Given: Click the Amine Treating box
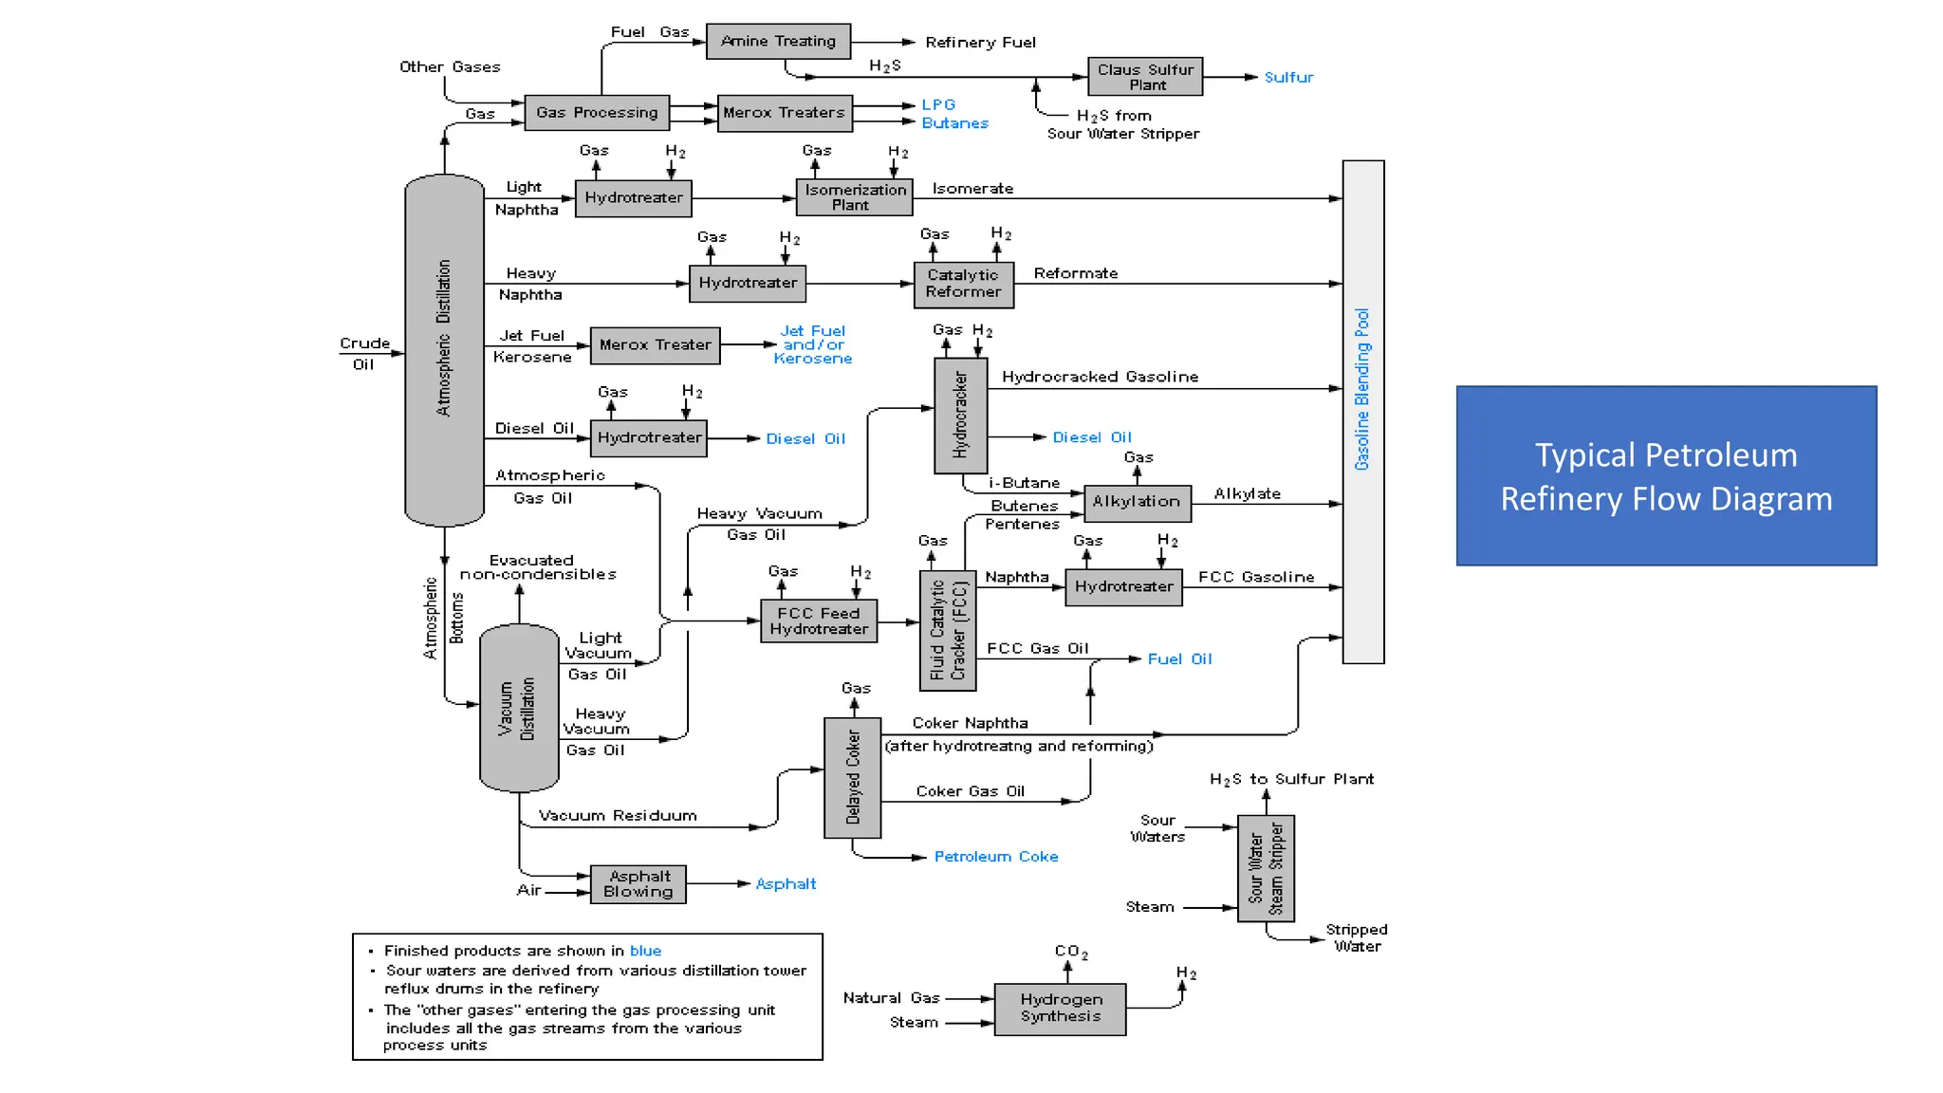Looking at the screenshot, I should [x=778, y=42].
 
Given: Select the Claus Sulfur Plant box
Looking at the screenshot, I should [x=1145, y=77].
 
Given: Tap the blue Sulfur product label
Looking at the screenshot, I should [x=1288, y=78].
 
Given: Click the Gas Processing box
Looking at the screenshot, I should [x=597, y=113].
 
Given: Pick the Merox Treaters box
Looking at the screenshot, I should [x=785, y=113].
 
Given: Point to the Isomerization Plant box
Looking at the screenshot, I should [x=855, y=197].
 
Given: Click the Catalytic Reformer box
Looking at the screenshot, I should [x=963, y=284].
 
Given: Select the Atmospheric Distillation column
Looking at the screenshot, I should [x=444, y=351].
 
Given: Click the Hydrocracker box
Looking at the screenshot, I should [x=960, y=416].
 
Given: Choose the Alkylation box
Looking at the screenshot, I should [x=1137, y=502].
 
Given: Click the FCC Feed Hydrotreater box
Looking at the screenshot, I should [x=819, y=621].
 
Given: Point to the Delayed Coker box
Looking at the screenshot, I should [x=852, y=778].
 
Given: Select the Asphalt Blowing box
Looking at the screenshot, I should [x=638, y=884].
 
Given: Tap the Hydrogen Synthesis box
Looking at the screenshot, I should [x=1060, y=1009].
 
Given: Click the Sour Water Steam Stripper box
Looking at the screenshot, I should [x=1266, y=868].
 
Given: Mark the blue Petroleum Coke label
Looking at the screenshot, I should [x=996, y=857].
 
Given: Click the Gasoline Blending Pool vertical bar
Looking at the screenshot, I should [x=1362, y=412].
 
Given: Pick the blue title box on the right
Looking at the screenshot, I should [x=1666, y=476].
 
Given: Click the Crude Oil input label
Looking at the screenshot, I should [x=364, y=353].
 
